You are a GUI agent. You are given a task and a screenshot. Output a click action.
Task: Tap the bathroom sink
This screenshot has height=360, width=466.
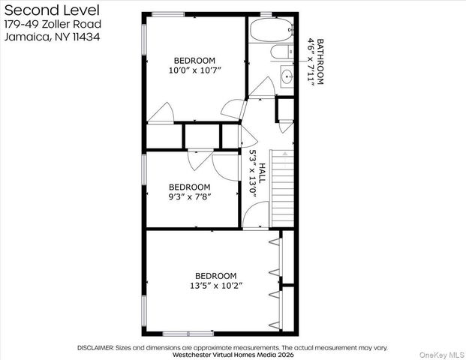287,75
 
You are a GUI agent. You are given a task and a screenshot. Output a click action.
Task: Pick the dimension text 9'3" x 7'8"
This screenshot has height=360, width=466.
189,197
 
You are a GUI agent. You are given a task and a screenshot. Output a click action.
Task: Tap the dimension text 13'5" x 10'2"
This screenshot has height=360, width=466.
216,286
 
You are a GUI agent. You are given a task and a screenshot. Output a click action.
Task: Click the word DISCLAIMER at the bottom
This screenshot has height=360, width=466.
95,348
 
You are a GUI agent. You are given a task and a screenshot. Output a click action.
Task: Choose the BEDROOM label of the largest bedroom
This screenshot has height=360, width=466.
216,275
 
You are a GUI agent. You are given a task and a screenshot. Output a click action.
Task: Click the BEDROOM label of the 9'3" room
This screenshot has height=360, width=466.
189,187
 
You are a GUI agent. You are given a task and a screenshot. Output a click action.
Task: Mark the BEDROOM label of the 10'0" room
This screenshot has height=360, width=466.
194,60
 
